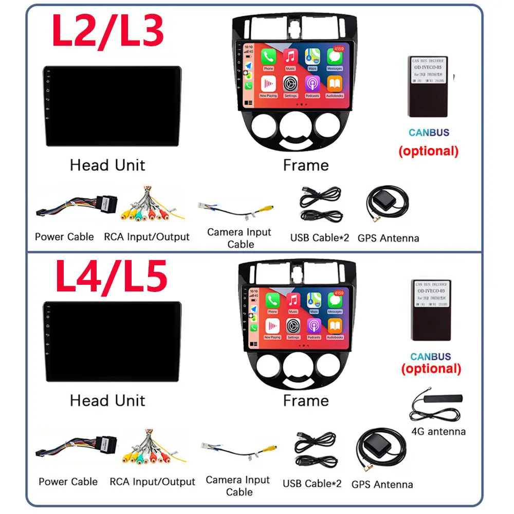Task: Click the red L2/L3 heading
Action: click(x=108, y=31)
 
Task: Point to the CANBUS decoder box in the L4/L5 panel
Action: click(x=431, y=310)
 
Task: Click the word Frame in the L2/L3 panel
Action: click(x=306, y=166)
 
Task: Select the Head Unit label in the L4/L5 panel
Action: click(x=107, y=400)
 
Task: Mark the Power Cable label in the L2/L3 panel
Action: click(x=64, y=237)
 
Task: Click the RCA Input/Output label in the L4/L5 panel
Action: click(x=152, y=482)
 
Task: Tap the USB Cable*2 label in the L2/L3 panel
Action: click(x=319, y=237)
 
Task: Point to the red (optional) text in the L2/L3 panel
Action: click(x=429, y=151)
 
